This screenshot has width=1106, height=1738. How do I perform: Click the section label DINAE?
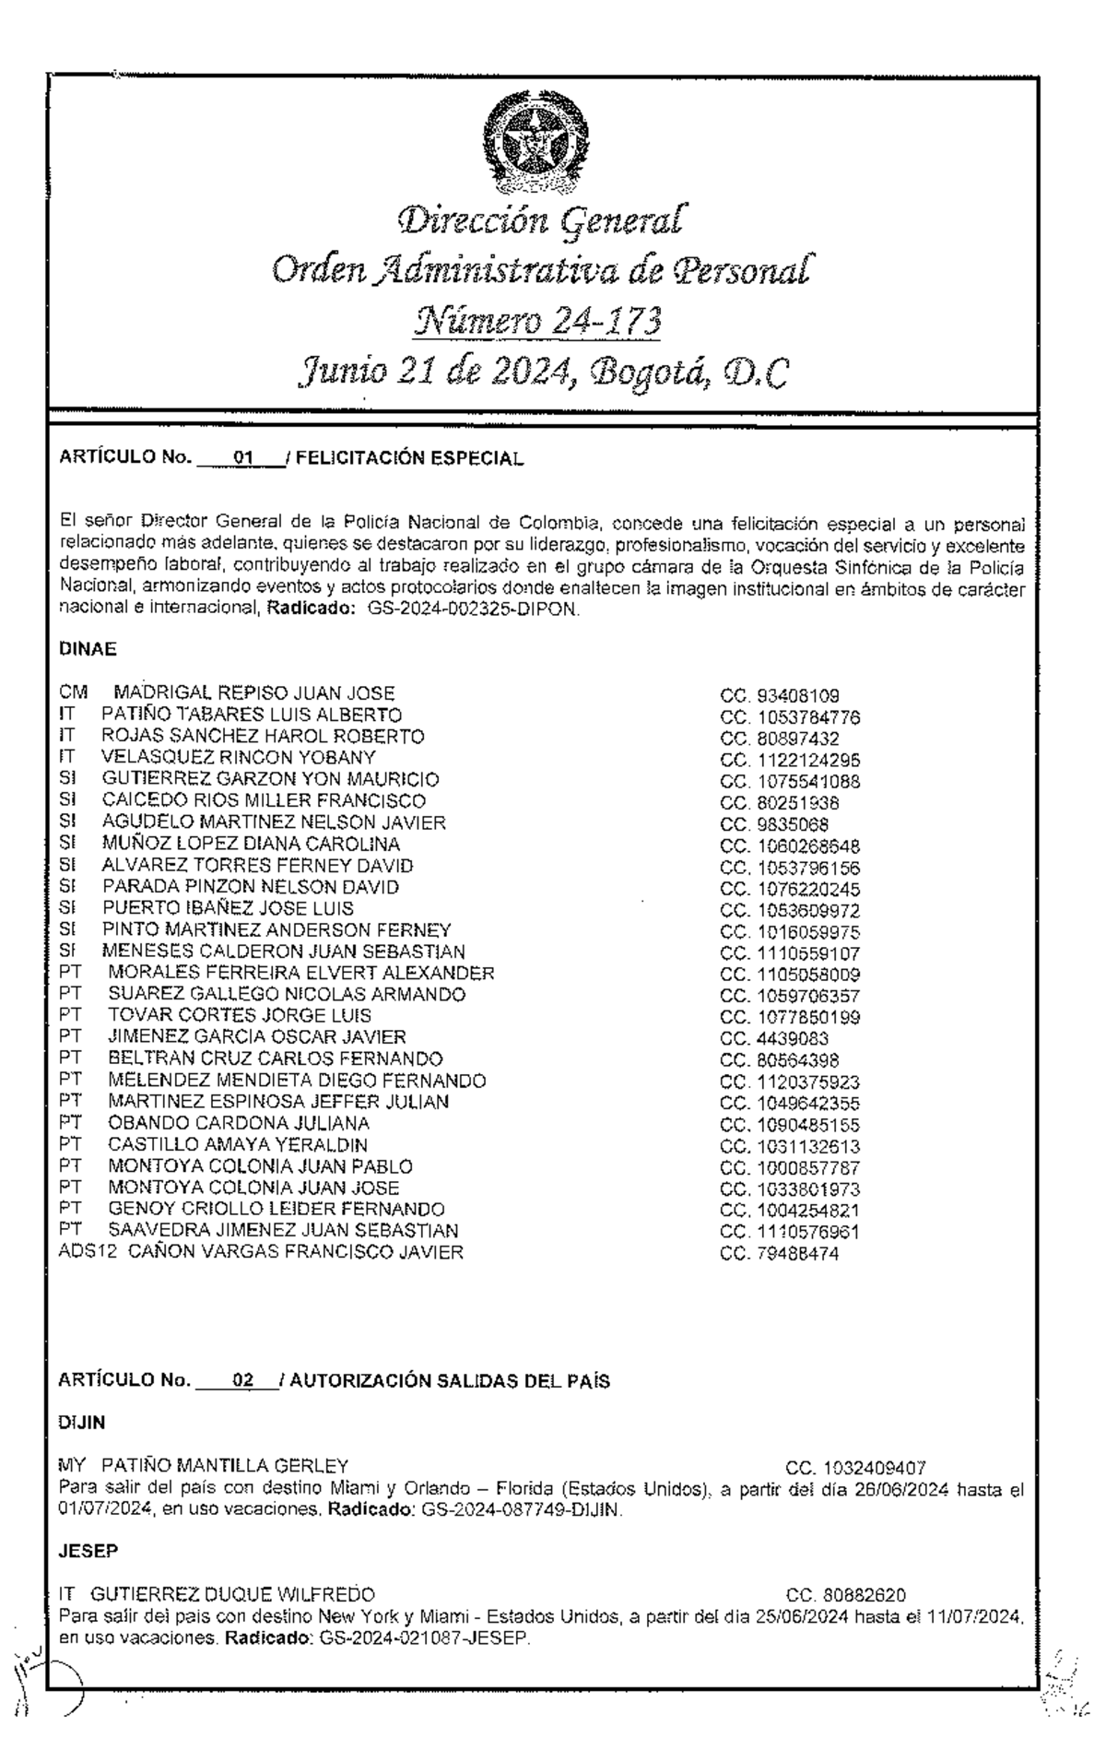[x=88, y=649]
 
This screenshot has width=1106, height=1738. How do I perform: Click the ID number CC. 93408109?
[x=779, y=696]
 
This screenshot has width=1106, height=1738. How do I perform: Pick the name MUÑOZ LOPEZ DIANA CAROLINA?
[x=251, y=844]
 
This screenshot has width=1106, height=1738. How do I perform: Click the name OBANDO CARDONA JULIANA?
[x=239, y=1123]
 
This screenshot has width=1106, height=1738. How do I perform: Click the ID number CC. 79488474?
[x=779, y=1254]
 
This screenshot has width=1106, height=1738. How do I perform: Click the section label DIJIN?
[x=81, y=1423]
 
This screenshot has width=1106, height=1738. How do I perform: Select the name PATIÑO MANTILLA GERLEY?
[x=225, y=1465]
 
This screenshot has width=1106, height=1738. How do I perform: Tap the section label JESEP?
[x=88, y=1552]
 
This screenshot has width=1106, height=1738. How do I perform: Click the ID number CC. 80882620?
[x=845, y=1595]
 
